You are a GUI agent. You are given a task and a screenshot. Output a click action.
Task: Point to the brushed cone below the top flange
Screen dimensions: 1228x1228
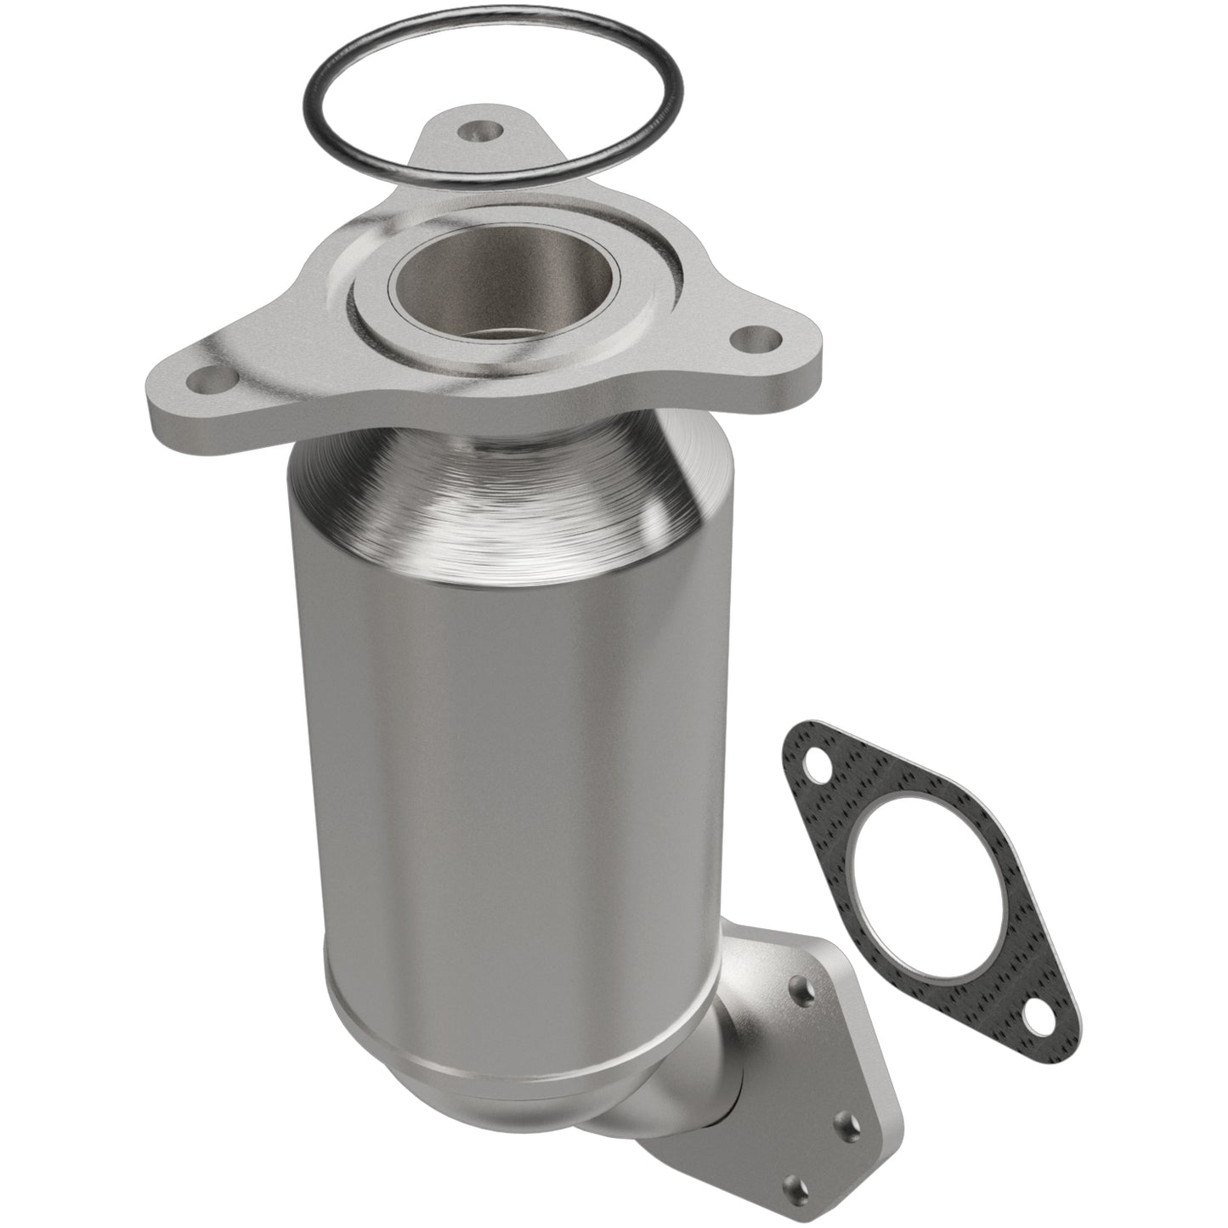(510, 493)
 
